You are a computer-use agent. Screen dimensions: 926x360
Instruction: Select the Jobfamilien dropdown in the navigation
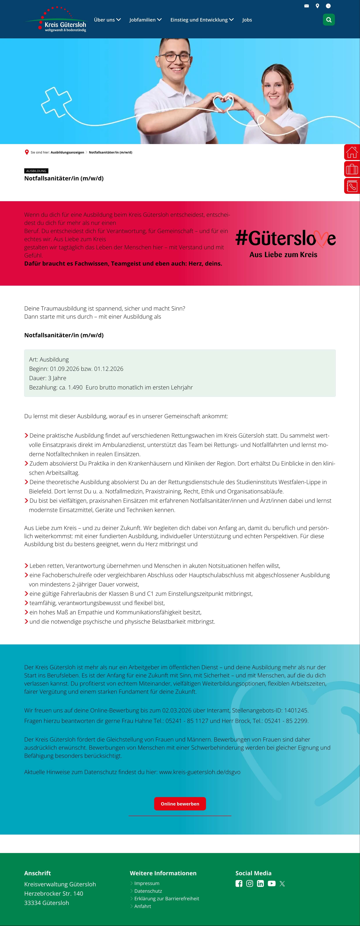[145, 20]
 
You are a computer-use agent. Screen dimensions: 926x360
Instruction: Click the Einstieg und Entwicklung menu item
[202, 20]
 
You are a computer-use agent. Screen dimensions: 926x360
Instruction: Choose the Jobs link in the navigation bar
[247, 20]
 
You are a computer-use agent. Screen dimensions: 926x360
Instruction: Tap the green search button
[328, 20]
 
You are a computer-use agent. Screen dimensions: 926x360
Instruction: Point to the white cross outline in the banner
[56, 102]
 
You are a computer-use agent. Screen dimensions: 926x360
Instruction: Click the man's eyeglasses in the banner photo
[175, 57]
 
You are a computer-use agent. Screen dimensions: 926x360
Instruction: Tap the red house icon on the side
[352, 152]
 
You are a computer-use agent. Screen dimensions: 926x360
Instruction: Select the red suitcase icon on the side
[352, 169]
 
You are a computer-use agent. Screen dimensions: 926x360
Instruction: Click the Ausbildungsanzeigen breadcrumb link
[67, 152]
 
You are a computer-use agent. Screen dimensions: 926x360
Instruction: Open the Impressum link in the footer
[147, 883]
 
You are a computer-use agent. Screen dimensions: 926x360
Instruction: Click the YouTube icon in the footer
[272, 884]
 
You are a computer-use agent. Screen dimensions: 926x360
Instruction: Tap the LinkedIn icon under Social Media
[260, 884]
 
